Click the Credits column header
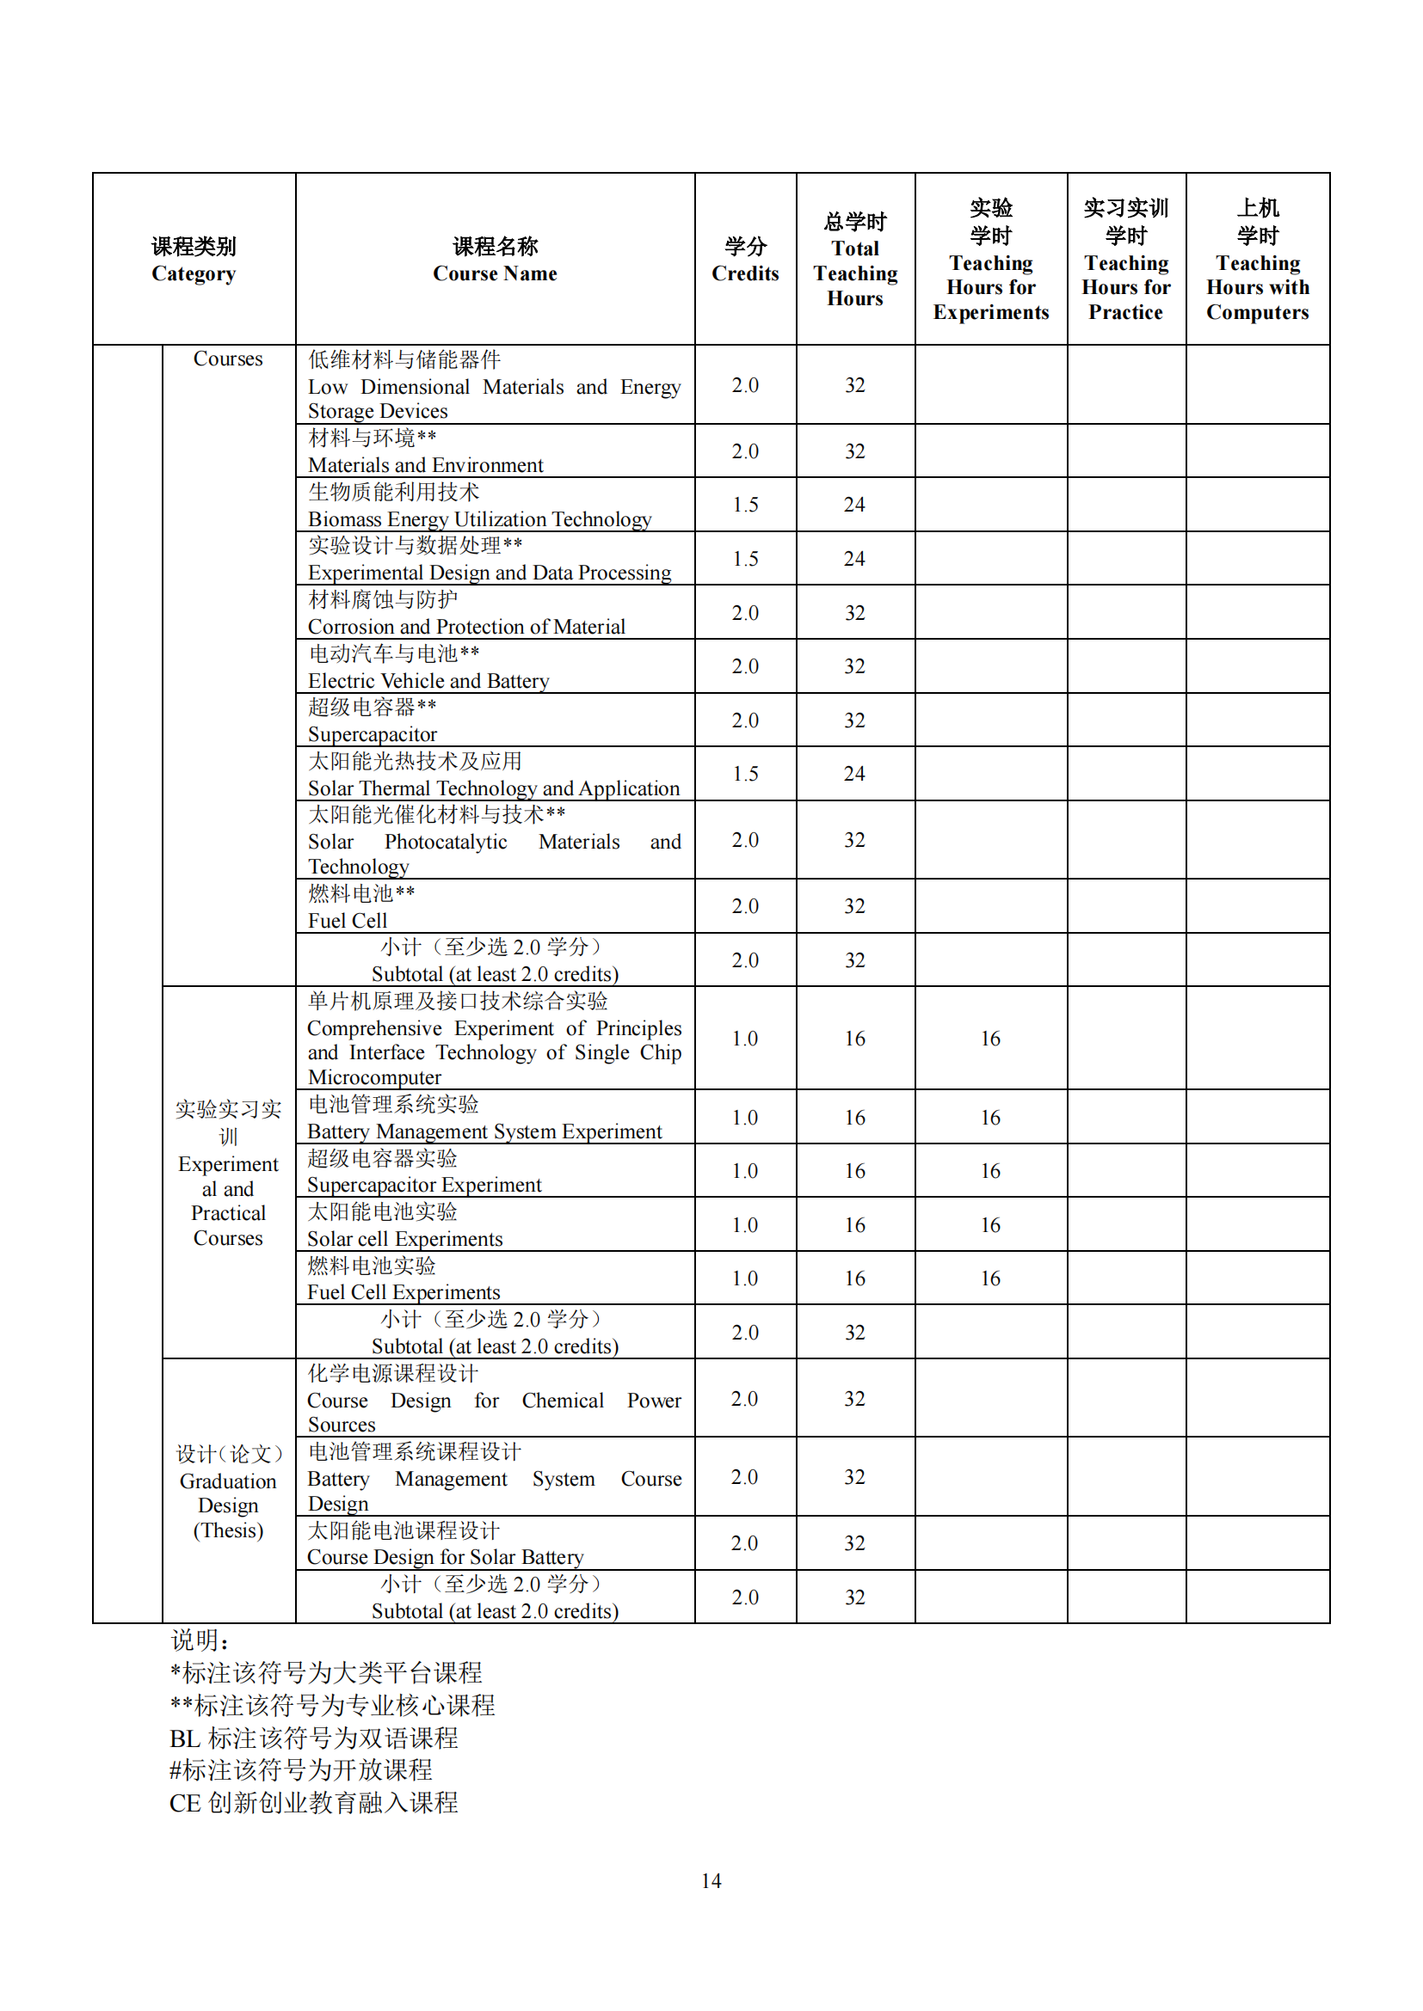(745, 260)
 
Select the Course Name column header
(495, 260)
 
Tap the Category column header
(194, 260)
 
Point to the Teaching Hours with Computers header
(1258, 260)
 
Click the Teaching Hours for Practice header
(1126, 260)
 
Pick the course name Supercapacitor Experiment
(424, 1185)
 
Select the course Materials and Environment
(425, 465)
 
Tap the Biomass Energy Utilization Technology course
(479, 519)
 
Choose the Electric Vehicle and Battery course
(428, 681)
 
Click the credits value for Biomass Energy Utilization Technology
(745, 505)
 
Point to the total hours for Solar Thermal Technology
(854, 774)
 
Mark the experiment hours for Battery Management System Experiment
(990, 1118)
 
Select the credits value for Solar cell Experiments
(745, 1224)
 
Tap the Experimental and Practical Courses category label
(228, 1174)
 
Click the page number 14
(711, 1880)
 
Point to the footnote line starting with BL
(313, 1738)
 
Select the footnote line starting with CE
(313, 1803)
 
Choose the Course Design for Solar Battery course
(445, 1556)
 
